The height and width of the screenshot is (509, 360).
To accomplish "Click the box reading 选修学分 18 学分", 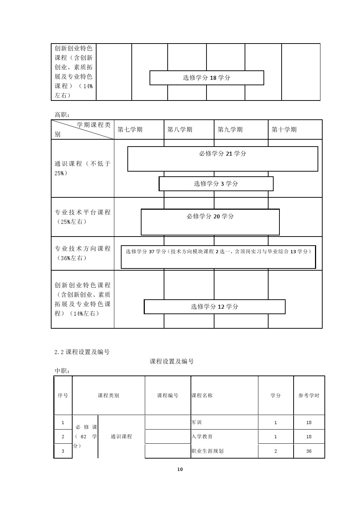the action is pyautogui.click(x=206, y=78).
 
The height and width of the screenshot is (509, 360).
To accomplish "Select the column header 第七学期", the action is pyautogui.click(x=130, y=130).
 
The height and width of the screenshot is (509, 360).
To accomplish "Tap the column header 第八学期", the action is pyautogui.click(x=180, y=130).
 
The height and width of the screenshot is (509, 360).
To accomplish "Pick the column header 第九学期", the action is pyautogui.click(x=230, y=130).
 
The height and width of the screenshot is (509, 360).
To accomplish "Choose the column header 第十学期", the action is pyautogui.click(x=284, y=130).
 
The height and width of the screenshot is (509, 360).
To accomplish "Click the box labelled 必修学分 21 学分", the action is pyautogui.click(x=223, y=159).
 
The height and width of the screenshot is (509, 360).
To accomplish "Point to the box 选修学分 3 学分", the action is pyautogui.click(x=216, y=184).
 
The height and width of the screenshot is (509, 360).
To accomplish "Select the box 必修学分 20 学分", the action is pyautogui.click(x=210, y=222).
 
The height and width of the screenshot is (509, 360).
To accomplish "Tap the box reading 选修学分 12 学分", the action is pyautogui.click(x=214, y=307).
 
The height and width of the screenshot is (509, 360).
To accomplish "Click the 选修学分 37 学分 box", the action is pyautogui.click(x=218, y=257).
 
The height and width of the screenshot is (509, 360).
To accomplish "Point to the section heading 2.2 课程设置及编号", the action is pyautogui.click(x=82, y=352).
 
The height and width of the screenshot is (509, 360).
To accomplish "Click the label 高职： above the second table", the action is pyautogui.click(x=62, y=115).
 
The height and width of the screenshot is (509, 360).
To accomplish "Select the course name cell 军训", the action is pyautogui.click(x=197, y=422).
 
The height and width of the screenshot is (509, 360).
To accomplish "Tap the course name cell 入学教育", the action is pyautogui.click(x=202, y=436).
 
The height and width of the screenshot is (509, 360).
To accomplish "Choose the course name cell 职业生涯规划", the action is pyautogui.click(x=208, y=451).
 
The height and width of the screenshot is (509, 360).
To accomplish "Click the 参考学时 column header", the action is pyautogui.click(x=309, y=395).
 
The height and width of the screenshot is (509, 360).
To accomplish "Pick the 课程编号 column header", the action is pyautogui.click(x=168, y=395).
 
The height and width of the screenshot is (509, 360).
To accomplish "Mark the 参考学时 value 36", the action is pyautogui.click(x=309, y=451).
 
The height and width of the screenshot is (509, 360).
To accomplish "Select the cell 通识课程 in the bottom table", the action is pyautogui.click(x=121, y=436).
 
